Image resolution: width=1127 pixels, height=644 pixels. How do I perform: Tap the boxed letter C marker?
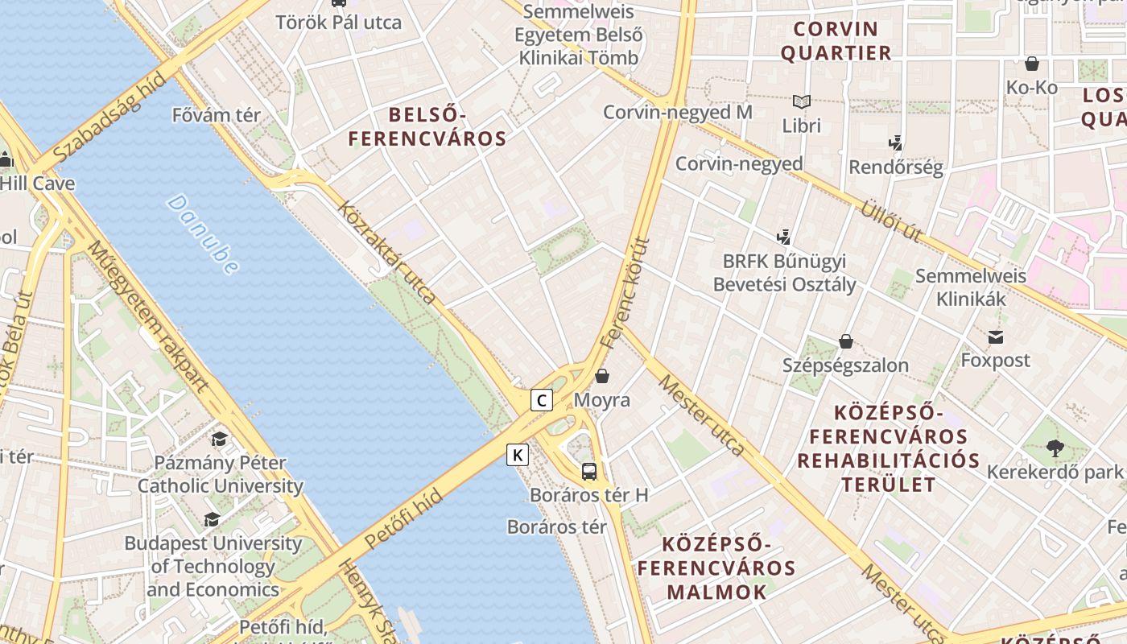click(542, 399)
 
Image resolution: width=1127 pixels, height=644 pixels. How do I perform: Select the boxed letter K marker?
click(518, 456)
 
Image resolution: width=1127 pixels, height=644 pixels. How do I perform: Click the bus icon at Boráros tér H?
click(589, 472)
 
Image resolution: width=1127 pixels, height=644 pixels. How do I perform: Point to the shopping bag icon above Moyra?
click(602, 376)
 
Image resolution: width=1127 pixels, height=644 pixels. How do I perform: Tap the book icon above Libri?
click(801, 102)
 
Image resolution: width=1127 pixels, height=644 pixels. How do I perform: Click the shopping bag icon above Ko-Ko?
click(1032, 64)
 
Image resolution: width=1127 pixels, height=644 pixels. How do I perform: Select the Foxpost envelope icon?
click(996, 336)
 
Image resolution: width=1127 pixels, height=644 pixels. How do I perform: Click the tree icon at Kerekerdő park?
click(1055, 448)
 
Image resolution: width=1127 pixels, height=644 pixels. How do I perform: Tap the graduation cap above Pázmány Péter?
click(219, 440)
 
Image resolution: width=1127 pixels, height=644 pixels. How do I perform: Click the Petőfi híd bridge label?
click(403, 519)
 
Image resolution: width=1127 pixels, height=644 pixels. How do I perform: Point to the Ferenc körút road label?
click(625, 291)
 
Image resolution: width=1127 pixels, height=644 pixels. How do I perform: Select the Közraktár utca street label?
click(387, 252)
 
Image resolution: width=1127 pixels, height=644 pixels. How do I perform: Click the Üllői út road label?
click(890, 220)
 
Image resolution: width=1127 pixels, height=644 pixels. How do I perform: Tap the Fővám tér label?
click(217, 115)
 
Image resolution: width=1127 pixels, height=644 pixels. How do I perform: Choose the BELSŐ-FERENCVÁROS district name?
click(427, 126)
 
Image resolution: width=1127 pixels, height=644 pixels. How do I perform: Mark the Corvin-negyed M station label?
click(678, 112)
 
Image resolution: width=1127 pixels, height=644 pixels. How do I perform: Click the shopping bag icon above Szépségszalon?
click(845, 341)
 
